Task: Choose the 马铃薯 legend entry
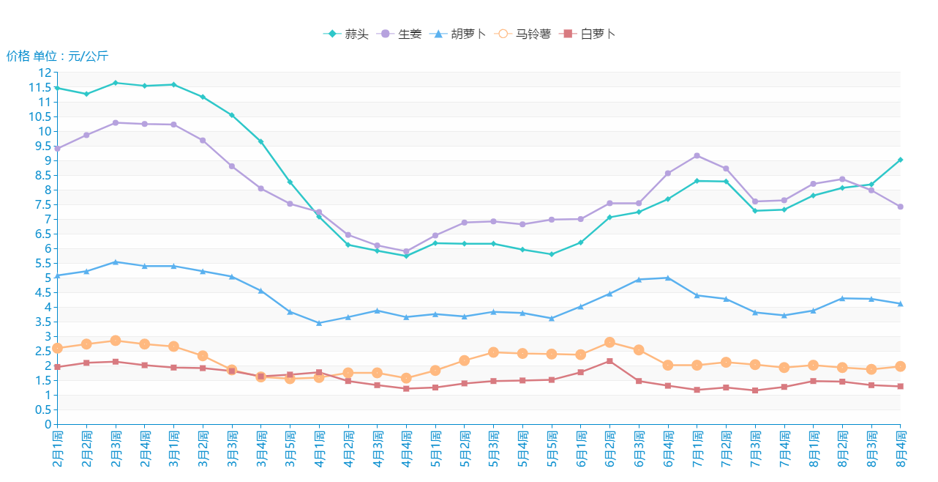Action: click(523, 34)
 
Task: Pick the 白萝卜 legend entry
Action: click(589, 34)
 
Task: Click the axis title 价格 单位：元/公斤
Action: click(58, 56)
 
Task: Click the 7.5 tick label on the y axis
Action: click(44, 219)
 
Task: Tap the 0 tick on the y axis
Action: click(48, 424)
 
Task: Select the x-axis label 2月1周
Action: click(58, 448)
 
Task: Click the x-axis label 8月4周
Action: click(901, 448)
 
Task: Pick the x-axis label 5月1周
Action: click(435, 448)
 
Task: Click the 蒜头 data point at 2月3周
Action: click(116, 83)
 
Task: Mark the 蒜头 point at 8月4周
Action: click(901, 160)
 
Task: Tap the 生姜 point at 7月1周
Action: click(697, 155)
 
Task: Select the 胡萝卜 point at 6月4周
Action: click(668, 278)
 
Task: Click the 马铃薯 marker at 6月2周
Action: click(609, 342)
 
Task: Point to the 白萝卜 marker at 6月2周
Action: click(609, 361)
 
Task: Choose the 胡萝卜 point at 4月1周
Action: click(319, 323)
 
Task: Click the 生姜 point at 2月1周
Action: click(58, 149)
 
